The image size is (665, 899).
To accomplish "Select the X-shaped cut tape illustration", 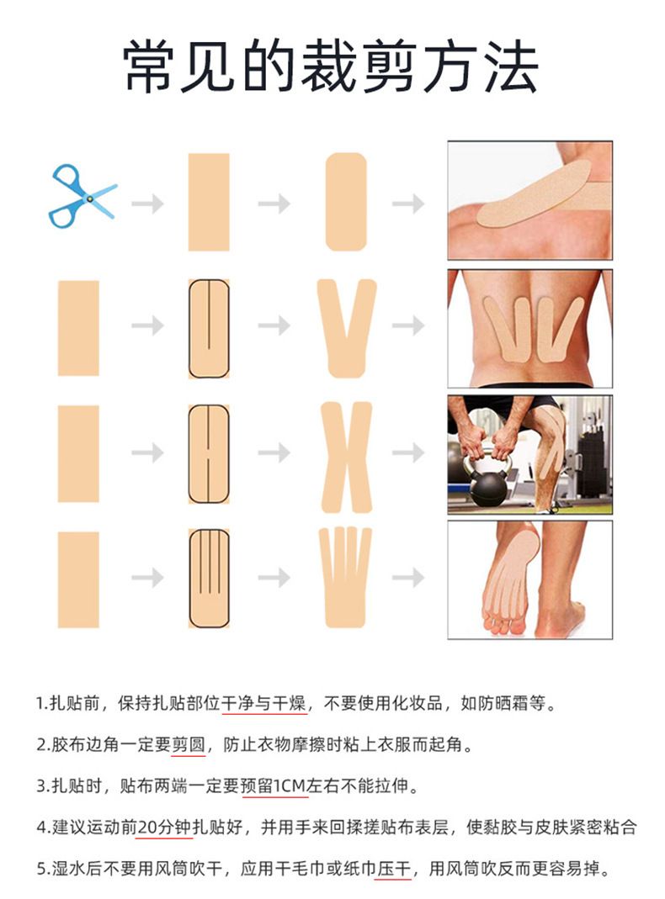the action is coord(347,457).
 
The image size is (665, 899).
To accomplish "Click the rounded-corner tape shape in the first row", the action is coord(346,202).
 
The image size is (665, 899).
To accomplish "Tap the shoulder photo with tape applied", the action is coord(529,200).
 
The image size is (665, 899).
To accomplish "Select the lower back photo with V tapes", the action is coord(529,328).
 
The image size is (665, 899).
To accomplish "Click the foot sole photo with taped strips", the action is coord(529,579).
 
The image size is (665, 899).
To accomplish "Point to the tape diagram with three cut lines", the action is coord(209,578).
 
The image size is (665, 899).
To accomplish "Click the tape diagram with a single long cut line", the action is coord(209,329).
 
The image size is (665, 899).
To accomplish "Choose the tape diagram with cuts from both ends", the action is coord(209,453).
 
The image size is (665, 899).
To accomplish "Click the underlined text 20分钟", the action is coord(163,828).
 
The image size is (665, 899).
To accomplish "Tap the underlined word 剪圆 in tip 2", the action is coord(189,744).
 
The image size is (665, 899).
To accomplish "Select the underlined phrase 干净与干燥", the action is coord(264,703).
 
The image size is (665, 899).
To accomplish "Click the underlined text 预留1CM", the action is coord(273,785).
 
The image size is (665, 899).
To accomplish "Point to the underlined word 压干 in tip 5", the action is coord(394,869).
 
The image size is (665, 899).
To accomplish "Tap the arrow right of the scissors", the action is coord(147,204).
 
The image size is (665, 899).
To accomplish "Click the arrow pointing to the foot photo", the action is coord(408,578).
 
